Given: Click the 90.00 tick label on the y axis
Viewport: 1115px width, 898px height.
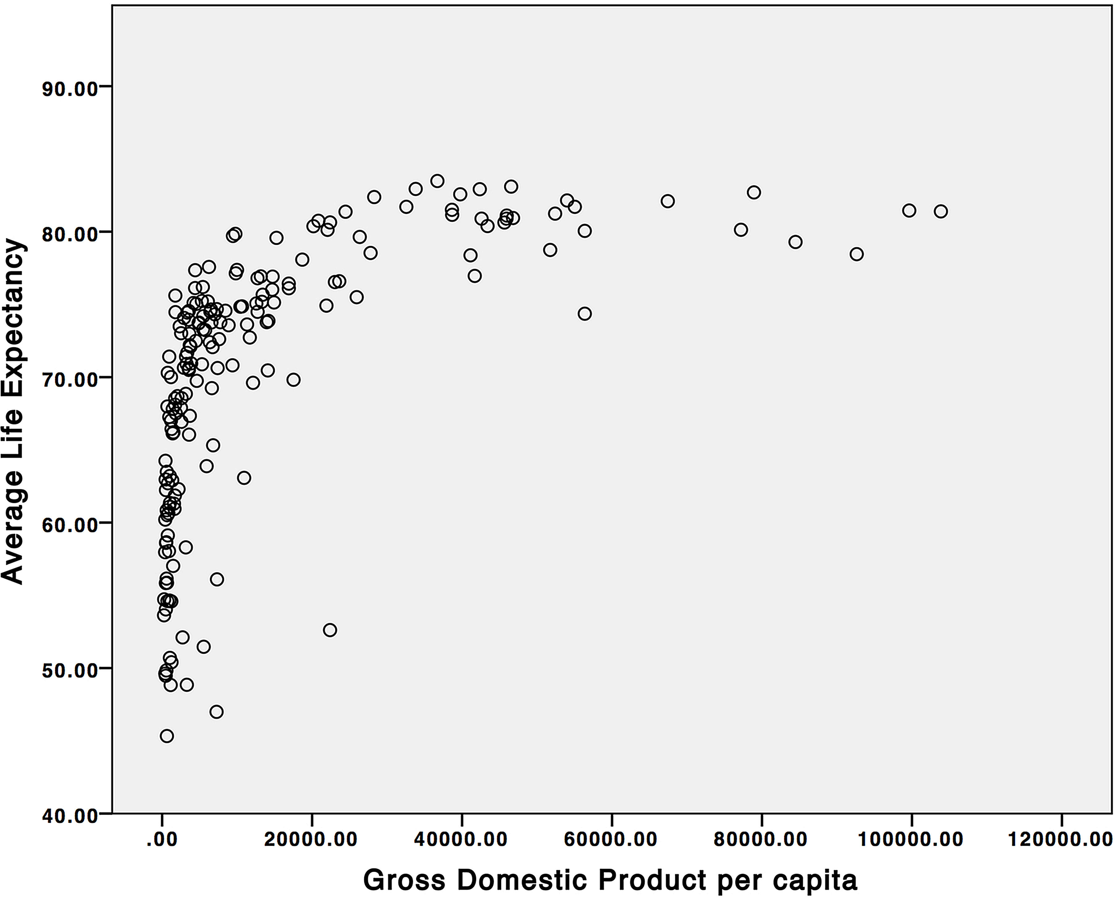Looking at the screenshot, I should (x=70, y=88).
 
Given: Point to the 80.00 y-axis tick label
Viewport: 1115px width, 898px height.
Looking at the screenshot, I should (x=70, y=234).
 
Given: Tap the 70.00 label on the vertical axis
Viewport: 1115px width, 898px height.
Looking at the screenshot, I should (x=70, y=380).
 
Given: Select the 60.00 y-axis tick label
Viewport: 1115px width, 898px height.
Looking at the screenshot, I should (x=70, y=525).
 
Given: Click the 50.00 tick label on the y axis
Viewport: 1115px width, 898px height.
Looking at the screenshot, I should (x=70, y=670).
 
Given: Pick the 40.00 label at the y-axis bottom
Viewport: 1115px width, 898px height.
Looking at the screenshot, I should (x=70, y=816).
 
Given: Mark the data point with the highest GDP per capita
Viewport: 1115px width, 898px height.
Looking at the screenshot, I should (x=941, y=211).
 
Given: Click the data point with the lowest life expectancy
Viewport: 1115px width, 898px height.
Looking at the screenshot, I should (x=167, y=736).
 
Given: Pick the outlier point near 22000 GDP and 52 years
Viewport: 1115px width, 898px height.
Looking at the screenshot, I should (x=330, y=630).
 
